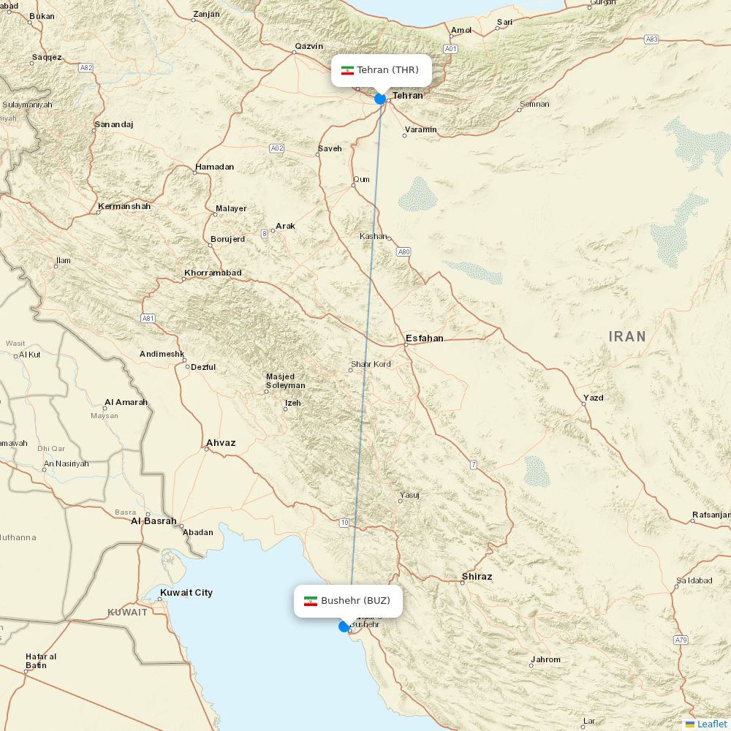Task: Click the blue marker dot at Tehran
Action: coord(380,99)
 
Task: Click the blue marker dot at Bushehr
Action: coord(344,626)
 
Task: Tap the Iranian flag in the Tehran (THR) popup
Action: coord(347,70)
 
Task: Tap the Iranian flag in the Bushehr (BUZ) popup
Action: coord(311,601)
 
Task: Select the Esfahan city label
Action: coord(424,338)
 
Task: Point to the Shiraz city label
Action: coord(477,577)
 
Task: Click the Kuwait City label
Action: coord(186,593)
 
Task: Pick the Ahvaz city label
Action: coord(221,443)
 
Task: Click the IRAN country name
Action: coord(627,336)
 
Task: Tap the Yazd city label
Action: coord(593,398)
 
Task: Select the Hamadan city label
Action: coord(214,167)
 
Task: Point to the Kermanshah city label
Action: coord(124,206)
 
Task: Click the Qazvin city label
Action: coord(308,46)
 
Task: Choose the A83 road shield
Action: coord(651,39)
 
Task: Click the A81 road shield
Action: coord(148,318)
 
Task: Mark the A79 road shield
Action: coord(681,640)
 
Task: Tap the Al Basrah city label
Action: coord(154,521)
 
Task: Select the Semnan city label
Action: coord(534,104)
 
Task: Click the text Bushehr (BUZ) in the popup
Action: coord(355,601)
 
